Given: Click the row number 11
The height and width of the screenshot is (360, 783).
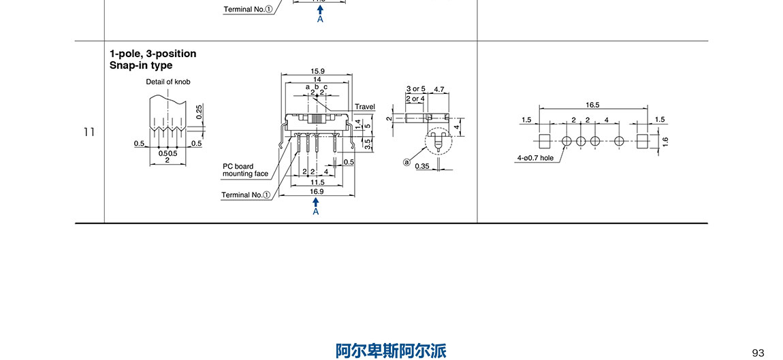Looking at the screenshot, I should [89, 132].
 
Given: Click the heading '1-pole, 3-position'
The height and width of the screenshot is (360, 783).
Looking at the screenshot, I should [153, 54].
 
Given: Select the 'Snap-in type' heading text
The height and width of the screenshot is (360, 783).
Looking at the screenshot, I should [141, 65].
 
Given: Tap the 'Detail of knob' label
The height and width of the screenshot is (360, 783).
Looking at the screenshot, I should [168, 82].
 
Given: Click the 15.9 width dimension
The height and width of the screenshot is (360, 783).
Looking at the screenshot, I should [317, 71].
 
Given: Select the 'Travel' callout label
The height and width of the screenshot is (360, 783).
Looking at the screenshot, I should [365, 107].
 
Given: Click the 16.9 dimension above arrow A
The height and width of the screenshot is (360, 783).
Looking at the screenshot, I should [317, 192].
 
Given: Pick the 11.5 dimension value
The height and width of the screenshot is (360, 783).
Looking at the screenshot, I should [317, 182].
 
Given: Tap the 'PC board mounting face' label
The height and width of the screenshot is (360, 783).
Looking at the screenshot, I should [245, 170].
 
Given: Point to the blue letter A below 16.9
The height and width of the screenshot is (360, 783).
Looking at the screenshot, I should [316, 212].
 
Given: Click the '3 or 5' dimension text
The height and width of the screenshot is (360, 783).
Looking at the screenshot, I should [415, 89].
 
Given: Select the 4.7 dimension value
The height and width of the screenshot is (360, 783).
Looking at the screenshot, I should [439, 89].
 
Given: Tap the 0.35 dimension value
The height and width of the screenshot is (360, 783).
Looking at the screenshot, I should [422, 166].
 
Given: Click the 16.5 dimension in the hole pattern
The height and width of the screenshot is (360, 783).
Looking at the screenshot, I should [592, 105].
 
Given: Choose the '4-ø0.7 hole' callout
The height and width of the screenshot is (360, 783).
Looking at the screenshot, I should [535, 158].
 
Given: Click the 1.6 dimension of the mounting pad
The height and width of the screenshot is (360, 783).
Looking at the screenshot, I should [665, 142].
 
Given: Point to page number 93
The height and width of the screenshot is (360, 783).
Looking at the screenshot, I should [758, 352].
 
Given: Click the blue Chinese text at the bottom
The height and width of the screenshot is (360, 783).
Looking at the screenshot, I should [391, 350].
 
